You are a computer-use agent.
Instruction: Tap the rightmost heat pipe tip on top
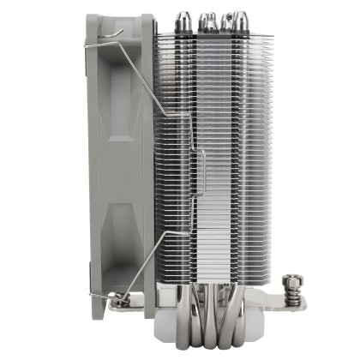246,18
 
